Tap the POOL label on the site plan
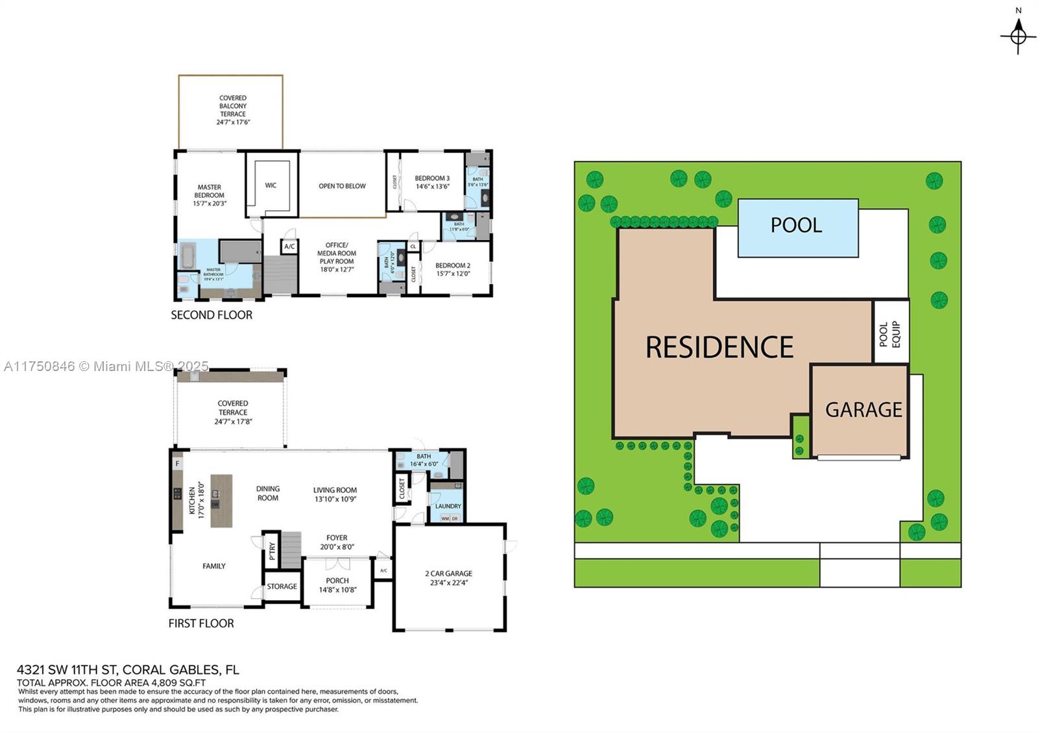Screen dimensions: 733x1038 pyautogui.click(x=796, y=225)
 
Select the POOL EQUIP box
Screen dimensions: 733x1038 pyautogui.click(x=890, y=333)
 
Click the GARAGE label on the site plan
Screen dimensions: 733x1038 pyautogui.click(x=863, y=410)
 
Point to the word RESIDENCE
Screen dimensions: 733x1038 pyautogui.click(x=719, y=348)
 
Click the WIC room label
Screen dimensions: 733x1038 pyautogui.click(x=271, y=186)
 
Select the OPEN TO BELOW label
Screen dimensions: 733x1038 pyautogui.click(x=342, y=186)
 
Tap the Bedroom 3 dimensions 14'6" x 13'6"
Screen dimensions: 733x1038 pyautogui.click(x=433, y=187)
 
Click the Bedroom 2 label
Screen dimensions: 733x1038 pyautogui.click(x=453, y=265)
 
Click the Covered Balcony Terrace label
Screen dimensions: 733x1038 pyautogui.click(x=233, y=106)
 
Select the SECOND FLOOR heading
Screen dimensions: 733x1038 pyautogui.click(x=211, y=315)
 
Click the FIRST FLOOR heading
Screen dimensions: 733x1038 pyautogui.click(x=201, y=623)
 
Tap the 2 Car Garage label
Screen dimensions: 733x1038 pyautogui.click(x=448, y=573)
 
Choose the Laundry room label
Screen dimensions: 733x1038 pyautogui.click(x=448, y=506)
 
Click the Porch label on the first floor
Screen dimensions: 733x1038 pyautogui.click(x=337, y=581)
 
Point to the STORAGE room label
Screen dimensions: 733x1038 pyautogui.click(x=282, y=586)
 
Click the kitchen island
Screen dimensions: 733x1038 pyautogui.click(x=221, y=501)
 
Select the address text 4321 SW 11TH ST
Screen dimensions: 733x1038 pyautogui.click(x=67, y=670)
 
